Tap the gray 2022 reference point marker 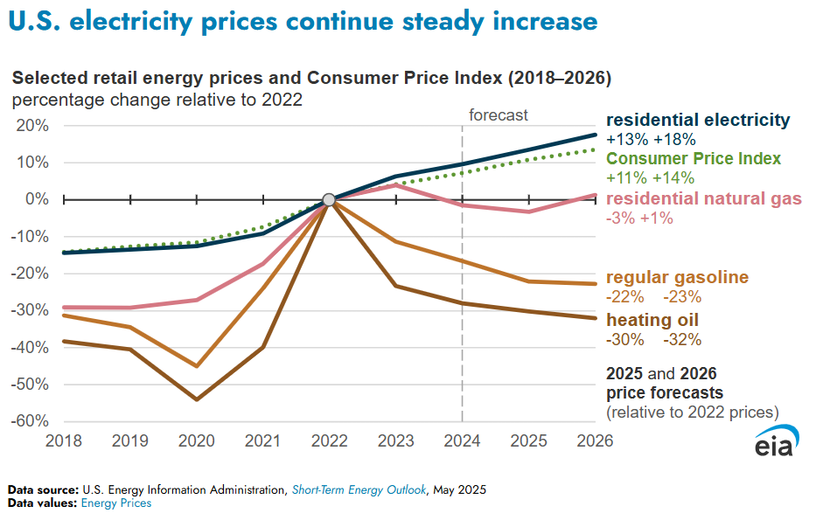coord(329,200)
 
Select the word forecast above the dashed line coord(499,115)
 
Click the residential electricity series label coord(698,120)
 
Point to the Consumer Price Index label coord(694,159)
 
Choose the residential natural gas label coord(703,198)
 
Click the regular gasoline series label coord(677,277)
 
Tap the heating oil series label coord(652,320)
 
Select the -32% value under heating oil coord(682,340)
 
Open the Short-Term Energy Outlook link coord(359,489)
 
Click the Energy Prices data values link coord(116,503)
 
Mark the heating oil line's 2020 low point coord(197,399)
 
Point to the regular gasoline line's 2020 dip coord(197,366)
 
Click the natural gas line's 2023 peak coord(396,184)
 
